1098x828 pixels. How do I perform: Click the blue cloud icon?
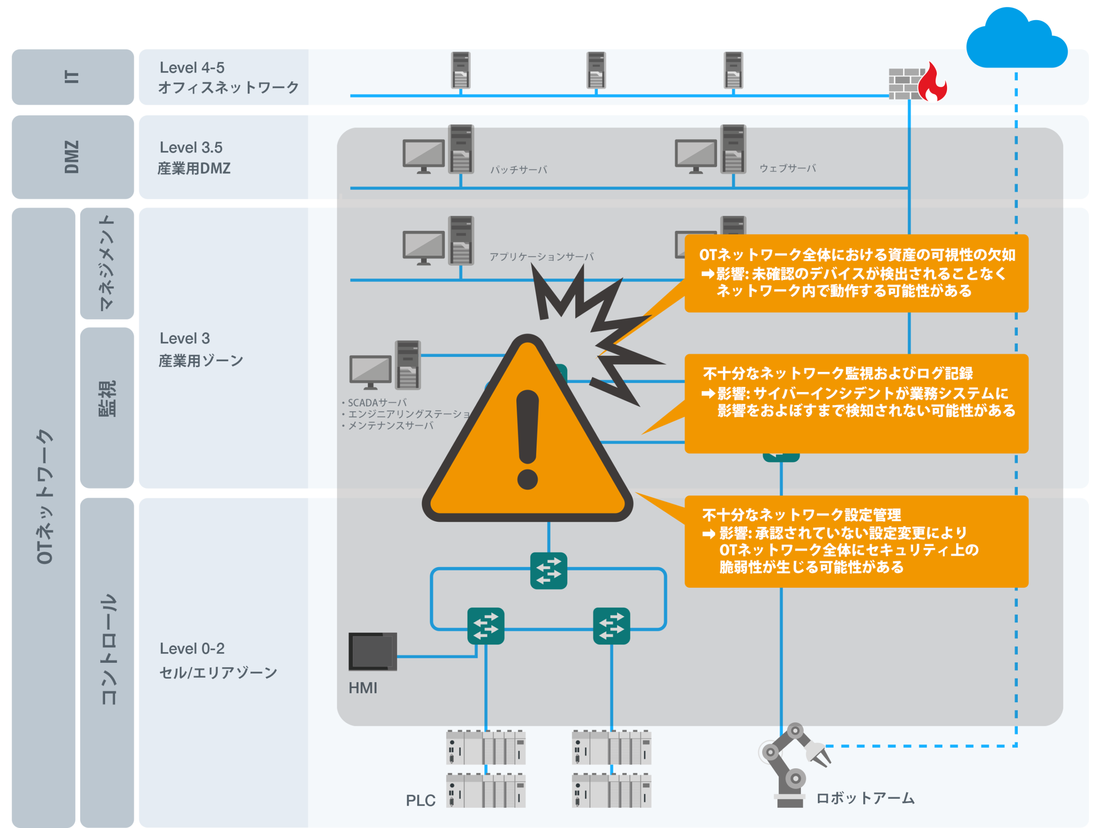point(1017,39)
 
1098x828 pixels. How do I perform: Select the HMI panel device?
point(372,651)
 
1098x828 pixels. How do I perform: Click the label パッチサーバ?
point(519,170)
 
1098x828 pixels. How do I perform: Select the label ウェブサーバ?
point(788,168)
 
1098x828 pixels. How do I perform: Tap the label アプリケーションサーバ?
point(542,257)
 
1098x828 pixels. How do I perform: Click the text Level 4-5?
point(192,67)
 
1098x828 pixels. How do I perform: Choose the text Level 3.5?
point(191,148)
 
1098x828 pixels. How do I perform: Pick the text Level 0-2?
point(192,648)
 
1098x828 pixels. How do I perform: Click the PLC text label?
point(420,800)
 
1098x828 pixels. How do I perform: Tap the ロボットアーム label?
point(865,798)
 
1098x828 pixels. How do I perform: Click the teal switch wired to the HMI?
point(486,626)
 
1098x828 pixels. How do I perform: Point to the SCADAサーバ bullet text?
point(374,402)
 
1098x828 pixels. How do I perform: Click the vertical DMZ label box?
point(73,157)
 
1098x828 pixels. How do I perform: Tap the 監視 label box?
point(107,408)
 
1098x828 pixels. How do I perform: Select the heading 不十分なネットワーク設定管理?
point(801,515)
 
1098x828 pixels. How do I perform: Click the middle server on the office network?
point(596,70)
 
